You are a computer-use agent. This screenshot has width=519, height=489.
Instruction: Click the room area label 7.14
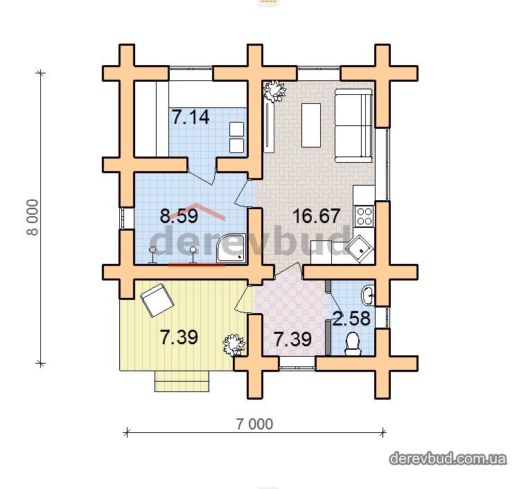[191, 118]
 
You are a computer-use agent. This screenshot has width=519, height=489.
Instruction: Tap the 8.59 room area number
[179, 215]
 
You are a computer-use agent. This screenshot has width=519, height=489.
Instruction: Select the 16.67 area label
[316, 215]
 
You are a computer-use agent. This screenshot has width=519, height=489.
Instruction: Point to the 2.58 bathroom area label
[351, 319]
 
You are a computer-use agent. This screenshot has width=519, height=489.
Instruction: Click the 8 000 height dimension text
[33, 217]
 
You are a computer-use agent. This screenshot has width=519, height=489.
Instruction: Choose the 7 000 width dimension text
[254, 424]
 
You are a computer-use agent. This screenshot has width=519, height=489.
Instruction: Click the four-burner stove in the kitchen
[364, 215]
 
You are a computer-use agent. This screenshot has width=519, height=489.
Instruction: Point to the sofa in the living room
[354, 125]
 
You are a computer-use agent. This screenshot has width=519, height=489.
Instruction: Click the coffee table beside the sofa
[311, 125]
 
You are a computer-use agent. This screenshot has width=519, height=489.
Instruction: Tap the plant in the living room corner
[274, 91]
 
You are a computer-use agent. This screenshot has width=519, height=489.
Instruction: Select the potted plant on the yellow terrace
[234, 346]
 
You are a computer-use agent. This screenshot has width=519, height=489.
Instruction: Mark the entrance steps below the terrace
[182, 381]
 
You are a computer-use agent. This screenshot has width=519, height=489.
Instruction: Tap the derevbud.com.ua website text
[448, 459]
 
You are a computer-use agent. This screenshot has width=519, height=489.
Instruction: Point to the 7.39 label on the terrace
[179, 337]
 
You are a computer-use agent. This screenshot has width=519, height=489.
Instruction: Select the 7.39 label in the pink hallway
[293, 339]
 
